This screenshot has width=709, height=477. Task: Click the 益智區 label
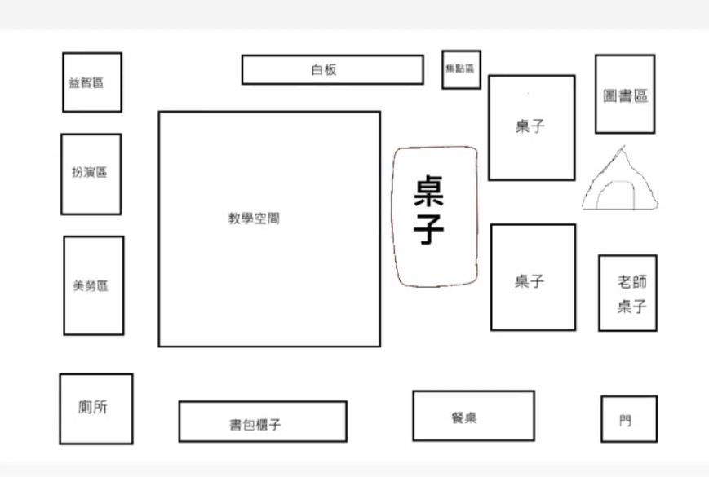[86, 83]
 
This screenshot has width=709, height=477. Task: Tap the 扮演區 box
[91, 174]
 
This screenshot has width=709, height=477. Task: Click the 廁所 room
[95, 409]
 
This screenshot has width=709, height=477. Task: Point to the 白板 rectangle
[332, 69]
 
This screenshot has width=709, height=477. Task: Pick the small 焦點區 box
[461, 69]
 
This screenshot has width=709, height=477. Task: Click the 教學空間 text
[254, 219]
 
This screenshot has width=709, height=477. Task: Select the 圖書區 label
[626, 95]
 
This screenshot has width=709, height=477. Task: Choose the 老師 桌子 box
[627, 294]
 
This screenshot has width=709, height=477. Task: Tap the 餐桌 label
[463, 417]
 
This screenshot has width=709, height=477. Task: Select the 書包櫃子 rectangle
[262, 421]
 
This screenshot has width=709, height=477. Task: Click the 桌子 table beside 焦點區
[531, 127]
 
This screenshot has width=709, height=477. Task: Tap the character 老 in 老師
[624, 282]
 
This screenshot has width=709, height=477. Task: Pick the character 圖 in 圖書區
[610, 95]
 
